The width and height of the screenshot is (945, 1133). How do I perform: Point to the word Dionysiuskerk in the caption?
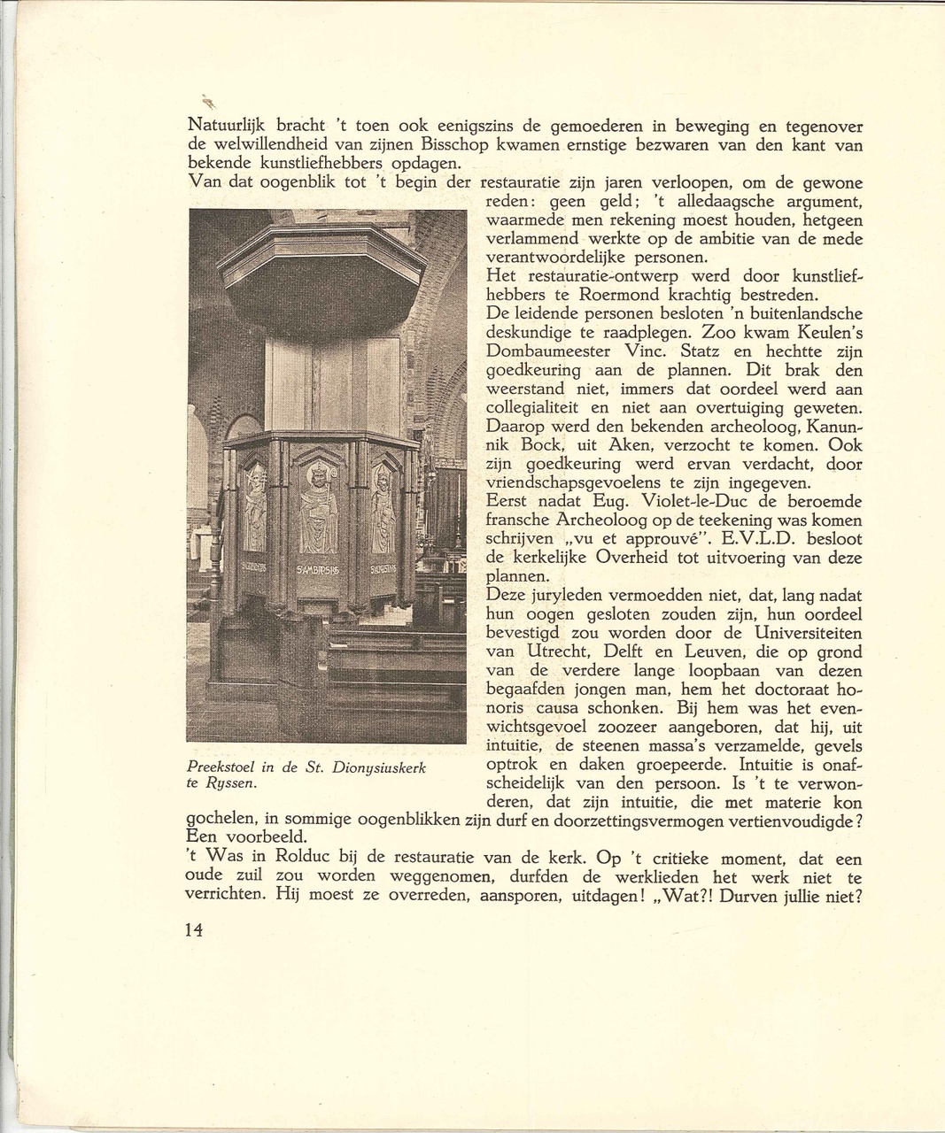coord(378,767)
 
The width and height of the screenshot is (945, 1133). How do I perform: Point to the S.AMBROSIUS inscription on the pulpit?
coord(316,569)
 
